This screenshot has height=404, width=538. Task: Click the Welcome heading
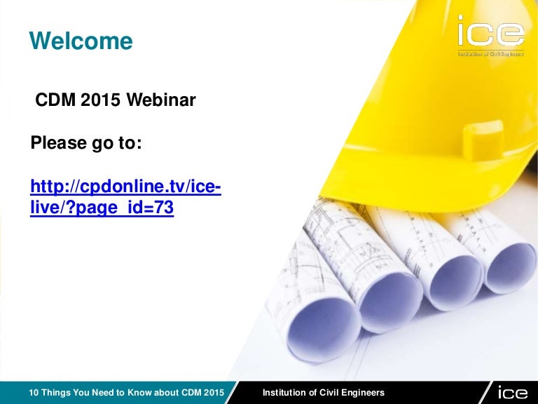tap(81, 41)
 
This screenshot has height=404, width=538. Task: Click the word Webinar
tap(161, 100)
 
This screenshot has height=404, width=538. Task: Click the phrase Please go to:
tap(86, 143)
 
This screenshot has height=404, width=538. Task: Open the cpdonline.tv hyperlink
tap(125, 197)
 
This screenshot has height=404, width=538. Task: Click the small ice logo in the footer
tap(513, 392)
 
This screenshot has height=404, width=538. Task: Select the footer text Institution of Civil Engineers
tap(323, 392)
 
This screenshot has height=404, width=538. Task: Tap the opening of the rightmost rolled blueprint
tap(510, 268)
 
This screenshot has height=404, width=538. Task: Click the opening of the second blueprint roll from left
tap(391, 302)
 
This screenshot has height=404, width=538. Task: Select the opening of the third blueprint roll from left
tap(456, 283)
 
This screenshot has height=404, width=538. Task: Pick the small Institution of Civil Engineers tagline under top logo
tap(491, 53)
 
